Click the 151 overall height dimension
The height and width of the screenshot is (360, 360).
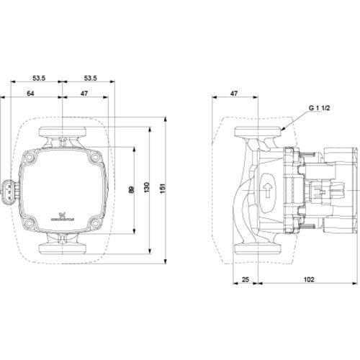163,189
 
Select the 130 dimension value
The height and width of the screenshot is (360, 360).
147,187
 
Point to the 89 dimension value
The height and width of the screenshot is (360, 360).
131,189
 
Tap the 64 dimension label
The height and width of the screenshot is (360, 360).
30,94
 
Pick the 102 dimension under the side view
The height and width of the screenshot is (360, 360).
309,279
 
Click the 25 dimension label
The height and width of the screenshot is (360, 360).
246,279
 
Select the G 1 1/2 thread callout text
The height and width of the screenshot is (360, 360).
319,108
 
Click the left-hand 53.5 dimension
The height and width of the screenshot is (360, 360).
39,78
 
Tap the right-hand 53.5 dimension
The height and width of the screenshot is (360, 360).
91,78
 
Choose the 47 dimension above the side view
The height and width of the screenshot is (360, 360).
234,94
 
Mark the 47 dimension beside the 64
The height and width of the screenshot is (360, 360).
84,94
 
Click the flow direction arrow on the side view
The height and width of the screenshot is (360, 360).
268,190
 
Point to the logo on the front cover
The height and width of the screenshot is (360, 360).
63,216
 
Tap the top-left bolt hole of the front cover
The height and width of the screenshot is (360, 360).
30,158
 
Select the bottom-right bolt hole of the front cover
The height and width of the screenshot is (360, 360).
96,223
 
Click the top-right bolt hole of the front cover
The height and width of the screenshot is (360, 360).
96,158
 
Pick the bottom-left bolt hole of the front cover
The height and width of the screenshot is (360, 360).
30,223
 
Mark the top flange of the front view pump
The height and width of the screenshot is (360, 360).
63,132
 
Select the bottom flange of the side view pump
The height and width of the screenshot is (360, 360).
258,249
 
